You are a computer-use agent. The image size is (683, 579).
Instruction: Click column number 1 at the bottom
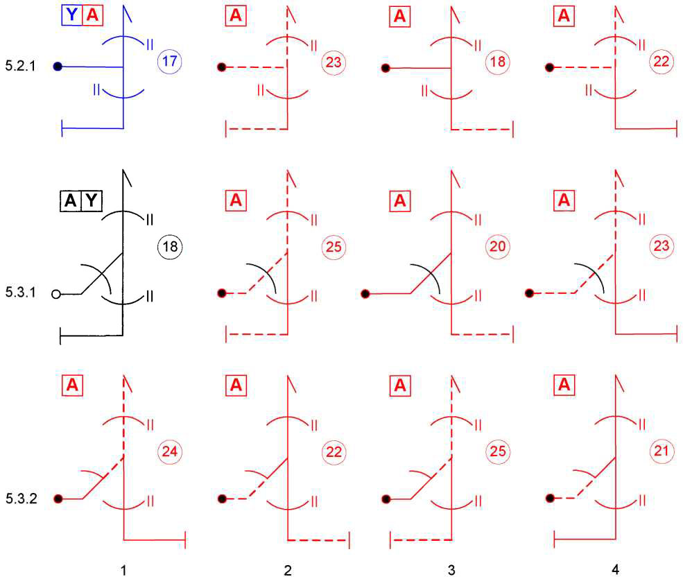123,570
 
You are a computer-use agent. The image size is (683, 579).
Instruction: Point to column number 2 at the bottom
287,570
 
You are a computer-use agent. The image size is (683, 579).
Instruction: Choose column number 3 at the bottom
451,570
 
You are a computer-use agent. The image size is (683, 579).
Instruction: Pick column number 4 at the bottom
616,570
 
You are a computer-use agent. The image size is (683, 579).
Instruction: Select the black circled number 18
169,246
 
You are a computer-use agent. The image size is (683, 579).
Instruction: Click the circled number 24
169,451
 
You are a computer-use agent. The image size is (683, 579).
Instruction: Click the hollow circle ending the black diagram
57,294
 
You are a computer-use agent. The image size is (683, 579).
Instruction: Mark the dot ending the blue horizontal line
58,67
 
